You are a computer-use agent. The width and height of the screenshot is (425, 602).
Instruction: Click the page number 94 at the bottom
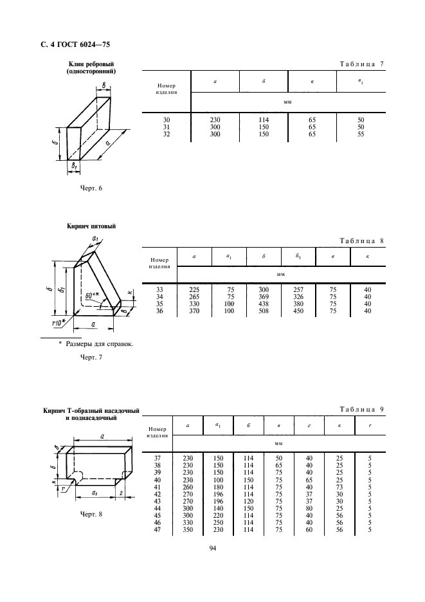[212, 549]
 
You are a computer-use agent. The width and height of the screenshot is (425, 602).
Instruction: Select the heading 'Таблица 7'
[361, 64]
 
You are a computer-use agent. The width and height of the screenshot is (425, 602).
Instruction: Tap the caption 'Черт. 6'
[90, 188]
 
